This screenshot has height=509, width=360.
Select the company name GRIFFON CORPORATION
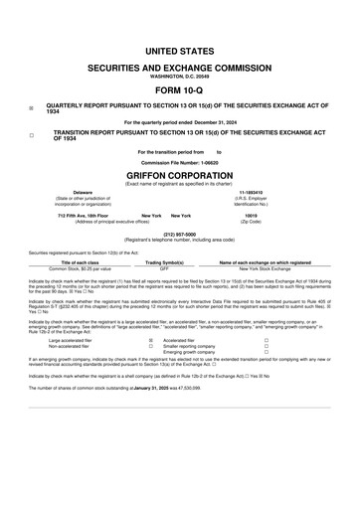pos(180,173)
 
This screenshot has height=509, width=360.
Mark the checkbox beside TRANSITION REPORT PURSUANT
pos(32,134)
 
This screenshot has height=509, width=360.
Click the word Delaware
pos(76,192)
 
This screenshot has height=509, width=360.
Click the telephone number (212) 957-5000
pos(179,235)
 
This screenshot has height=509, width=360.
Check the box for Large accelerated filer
pos(150,340)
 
